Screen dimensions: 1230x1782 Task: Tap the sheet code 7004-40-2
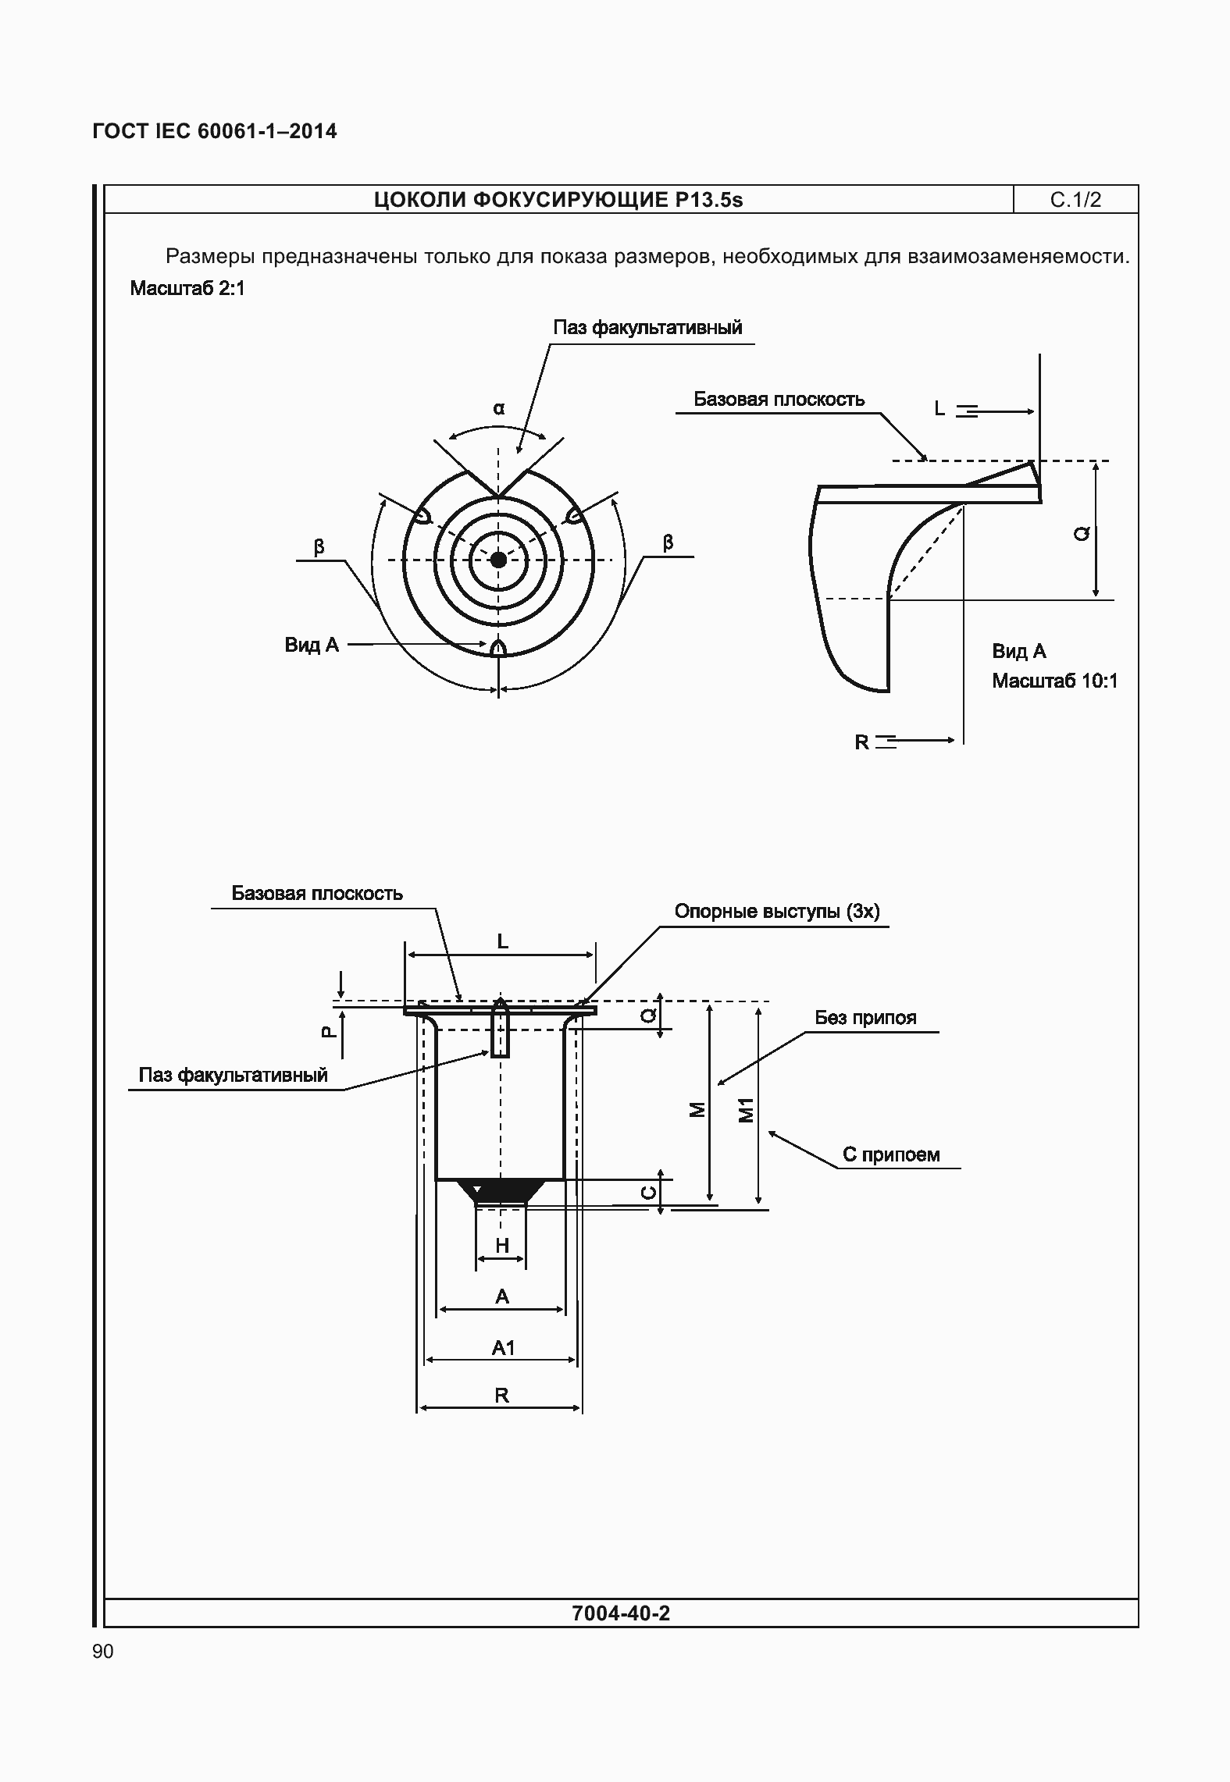pyautogui.click(x=621, y=1613)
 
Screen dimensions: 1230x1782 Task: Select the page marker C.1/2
pyautogui.click(x=1075, y=200)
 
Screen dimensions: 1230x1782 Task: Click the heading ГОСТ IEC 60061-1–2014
pyautogui.click(x=215, y=131)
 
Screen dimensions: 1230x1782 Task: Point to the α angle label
pyautogui.click(x=499, y=408)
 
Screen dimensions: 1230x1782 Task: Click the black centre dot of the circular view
pyautogui.click(x=498, y=559)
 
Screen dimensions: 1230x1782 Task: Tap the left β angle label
pyautogui.click(x=319, y=547)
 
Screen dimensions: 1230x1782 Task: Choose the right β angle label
pyautogui.click(x=668, y=543)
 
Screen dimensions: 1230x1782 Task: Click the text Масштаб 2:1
pyautogui.click(x=187, y=289)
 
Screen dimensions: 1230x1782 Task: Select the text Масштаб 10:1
pyautogui.click(x=1055, y=681)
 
